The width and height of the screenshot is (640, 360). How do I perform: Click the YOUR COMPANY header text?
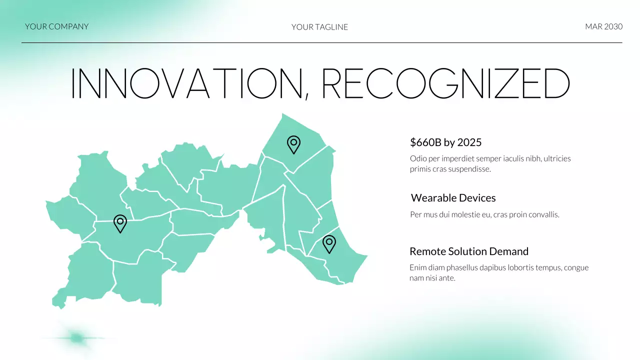[56, 26]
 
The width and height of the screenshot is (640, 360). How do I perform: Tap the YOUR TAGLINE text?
[319, 27]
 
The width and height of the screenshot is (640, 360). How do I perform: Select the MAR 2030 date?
[603, 26]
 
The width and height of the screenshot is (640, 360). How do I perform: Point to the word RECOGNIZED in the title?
[445, 83]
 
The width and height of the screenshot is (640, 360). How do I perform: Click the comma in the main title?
[306, 95]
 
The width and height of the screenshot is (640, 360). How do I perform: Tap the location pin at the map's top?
[293, 144]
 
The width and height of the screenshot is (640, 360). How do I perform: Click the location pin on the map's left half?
[120, 223]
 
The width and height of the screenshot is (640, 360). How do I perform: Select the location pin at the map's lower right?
[328, 243]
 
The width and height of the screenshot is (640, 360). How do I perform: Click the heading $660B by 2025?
[445, 142]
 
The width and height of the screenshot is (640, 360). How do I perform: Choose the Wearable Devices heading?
[453, 198]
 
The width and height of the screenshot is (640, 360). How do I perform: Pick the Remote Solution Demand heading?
[468, 251]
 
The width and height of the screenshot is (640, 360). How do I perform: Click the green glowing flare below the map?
[76, 338]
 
